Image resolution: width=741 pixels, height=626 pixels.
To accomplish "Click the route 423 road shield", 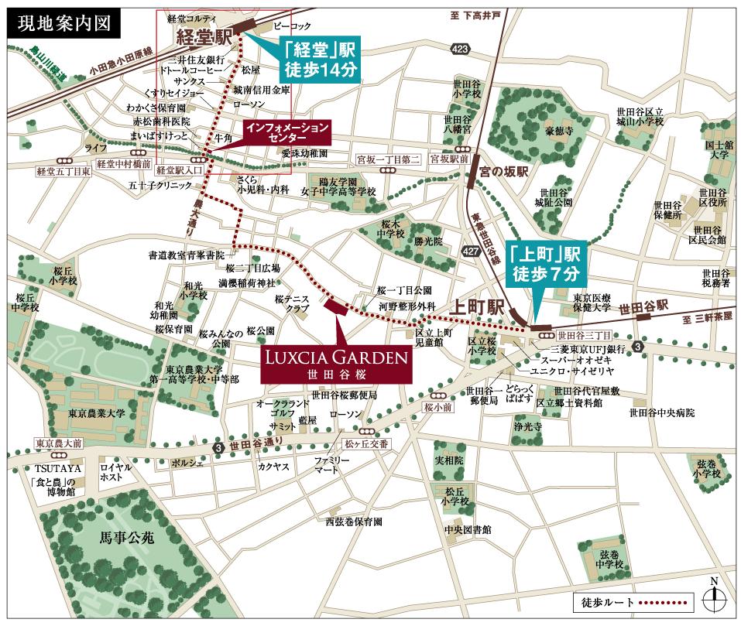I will click(462, 50).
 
